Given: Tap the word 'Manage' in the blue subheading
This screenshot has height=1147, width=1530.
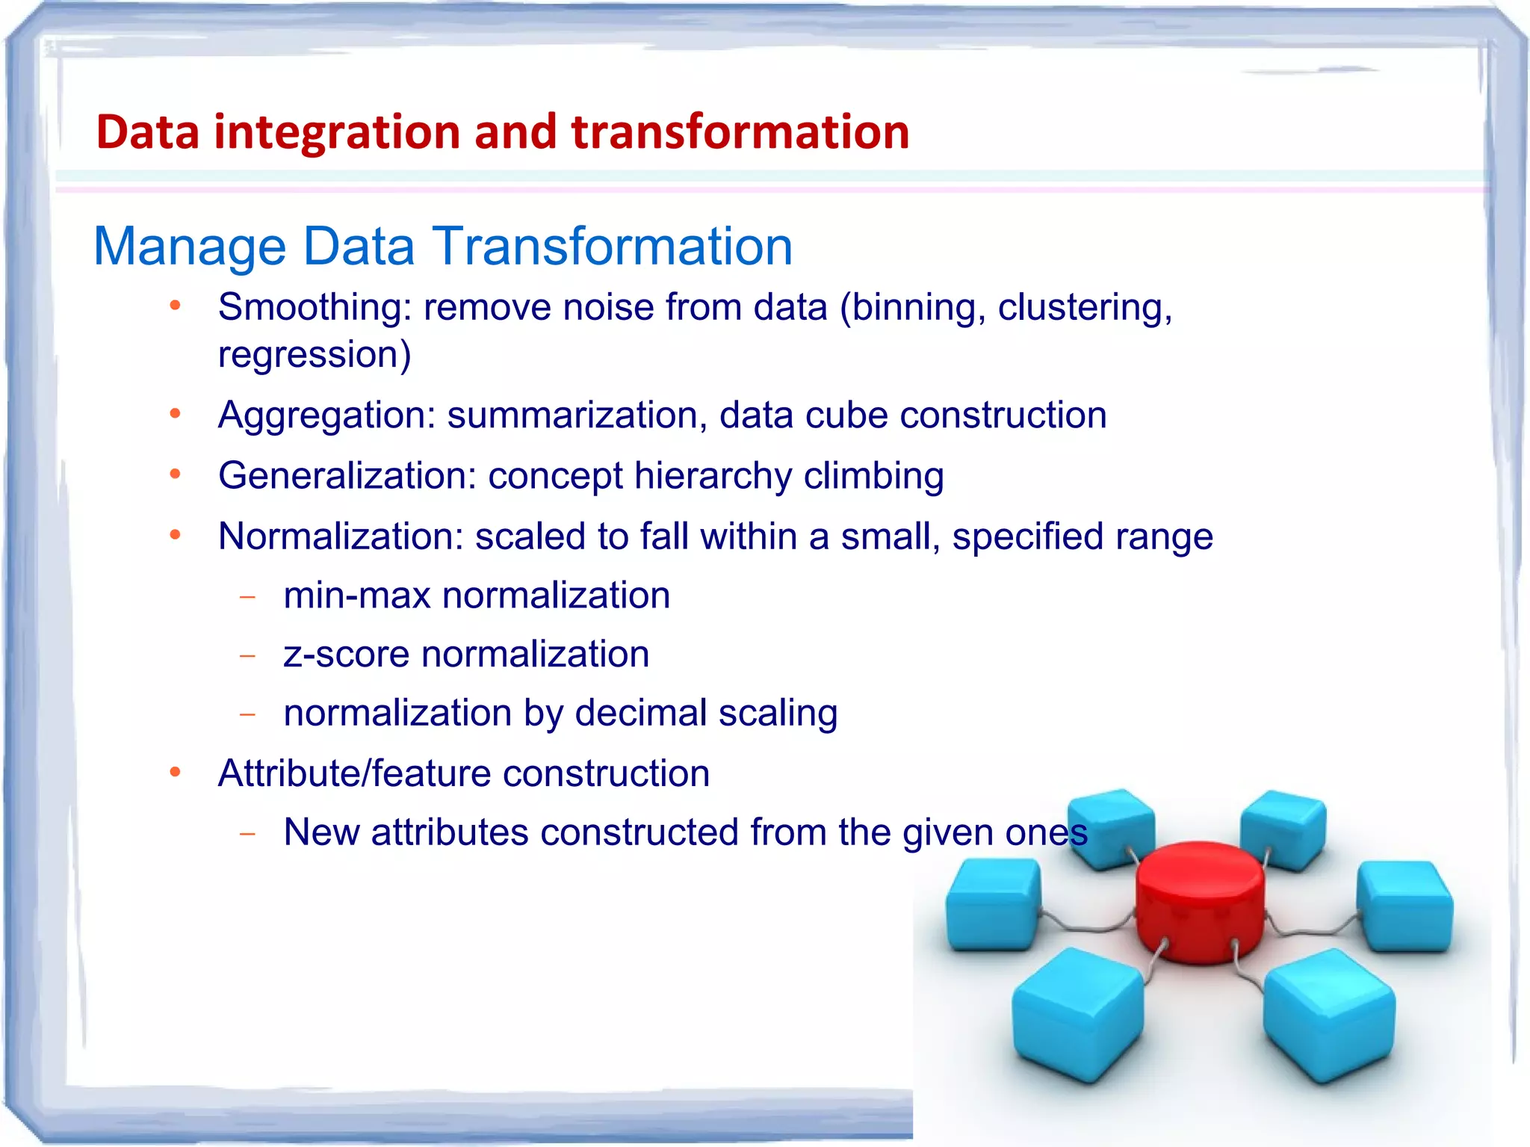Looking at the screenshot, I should point(190,247).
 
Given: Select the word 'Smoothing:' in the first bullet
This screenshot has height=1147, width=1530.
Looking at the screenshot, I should point(315,307).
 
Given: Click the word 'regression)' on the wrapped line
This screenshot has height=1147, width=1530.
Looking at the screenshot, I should point(315,355).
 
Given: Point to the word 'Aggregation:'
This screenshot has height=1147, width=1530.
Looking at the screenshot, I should point(326,415).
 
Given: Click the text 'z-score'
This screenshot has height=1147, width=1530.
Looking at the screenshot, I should point(347,655).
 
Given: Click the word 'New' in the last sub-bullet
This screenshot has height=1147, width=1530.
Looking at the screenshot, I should point(321,832).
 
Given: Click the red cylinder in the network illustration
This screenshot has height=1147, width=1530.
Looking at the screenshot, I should point(1200,900).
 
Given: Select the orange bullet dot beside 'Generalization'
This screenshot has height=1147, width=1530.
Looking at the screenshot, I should point(176,474).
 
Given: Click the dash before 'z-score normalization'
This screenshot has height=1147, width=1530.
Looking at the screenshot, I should point(248,656).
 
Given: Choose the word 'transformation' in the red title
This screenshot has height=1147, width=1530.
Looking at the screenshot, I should point(740,132).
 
